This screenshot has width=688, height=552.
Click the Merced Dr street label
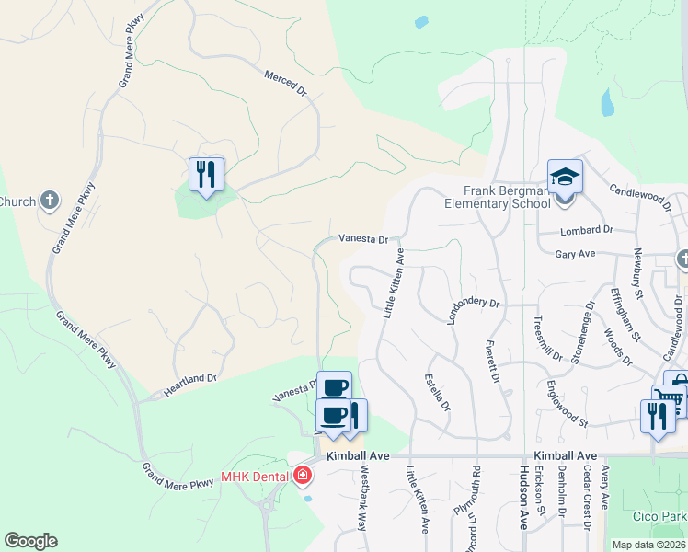tap(285, 83)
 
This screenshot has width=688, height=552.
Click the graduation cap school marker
tap(565, 177)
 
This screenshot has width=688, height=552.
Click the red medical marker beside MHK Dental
tap(302, 476)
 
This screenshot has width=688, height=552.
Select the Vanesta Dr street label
tap(363, 238)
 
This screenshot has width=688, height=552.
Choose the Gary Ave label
tap(577, 253)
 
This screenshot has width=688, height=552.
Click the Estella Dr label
tap(437, 391)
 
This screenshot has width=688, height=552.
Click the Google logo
tap(30, 541)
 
